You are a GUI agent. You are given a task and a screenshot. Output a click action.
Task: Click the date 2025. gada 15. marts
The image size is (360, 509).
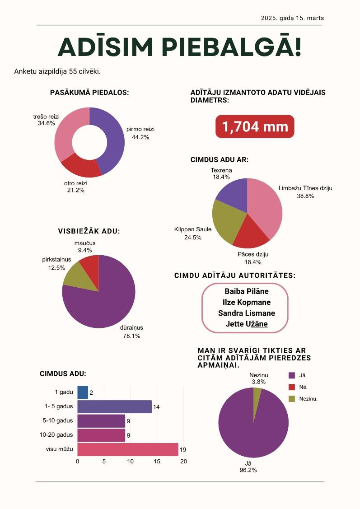tap(292, 18)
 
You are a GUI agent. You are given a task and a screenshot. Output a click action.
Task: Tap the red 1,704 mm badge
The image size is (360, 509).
tap(255, 126)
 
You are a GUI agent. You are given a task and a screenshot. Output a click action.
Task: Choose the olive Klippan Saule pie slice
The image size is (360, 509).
tap(227, 221)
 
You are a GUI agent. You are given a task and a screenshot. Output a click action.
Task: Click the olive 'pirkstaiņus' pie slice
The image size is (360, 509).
tap(78, 276)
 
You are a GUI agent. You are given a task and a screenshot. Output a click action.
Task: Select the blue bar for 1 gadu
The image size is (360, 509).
tap(83, 392)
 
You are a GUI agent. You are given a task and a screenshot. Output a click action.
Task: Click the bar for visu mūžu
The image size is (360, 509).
tap(128, 449)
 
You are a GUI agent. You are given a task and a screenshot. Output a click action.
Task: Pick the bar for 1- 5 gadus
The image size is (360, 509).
tap(115, 407)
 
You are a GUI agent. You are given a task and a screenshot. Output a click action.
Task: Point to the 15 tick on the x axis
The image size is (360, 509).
tap(157, 461)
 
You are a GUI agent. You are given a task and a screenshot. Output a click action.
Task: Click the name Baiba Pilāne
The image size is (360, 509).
tap(247, 291)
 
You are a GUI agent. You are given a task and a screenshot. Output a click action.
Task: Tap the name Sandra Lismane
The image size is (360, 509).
tap(247, 313)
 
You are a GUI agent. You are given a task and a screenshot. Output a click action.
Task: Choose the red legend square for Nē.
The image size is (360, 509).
tap(292, 387)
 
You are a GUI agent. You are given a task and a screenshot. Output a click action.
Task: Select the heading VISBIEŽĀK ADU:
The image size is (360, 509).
tap(89, 231)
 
